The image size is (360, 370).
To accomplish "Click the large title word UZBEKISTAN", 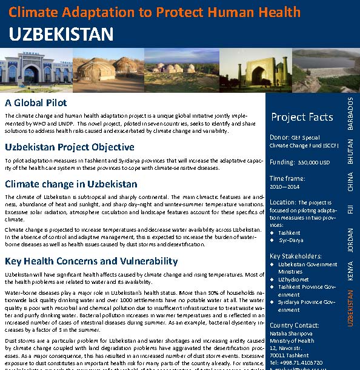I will [61, 34].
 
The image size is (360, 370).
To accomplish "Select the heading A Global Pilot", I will [36, 103].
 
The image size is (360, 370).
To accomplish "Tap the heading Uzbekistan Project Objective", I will [70, 147].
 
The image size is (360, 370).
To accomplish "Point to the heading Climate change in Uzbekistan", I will [71, 184].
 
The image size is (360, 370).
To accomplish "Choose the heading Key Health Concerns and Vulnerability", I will [92, 261].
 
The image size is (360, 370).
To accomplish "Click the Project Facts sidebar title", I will [302, 117].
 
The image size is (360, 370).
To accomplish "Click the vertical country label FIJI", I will [350, 210].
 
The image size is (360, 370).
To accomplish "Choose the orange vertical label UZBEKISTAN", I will [350, 308].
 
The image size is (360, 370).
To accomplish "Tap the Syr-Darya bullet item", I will [290, 241].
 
